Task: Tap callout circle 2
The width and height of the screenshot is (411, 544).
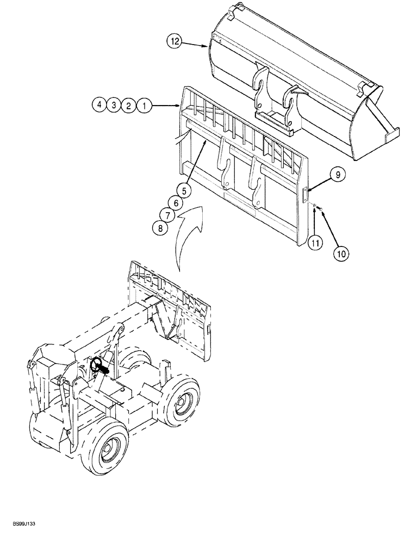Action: pyautogui.click(x=128, y=106)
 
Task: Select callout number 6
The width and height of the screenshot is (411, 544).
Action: pyautogui.click(x=175, y=203)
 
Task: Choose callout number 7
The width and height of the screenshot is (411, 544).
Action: pyautogui.click(x=166, y=215)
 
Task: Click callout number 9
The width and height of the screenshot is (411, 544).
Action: pyautogui.click(x=337, y=175)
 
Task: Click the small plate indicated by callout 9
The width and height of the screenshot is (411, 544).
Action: pyautogui.click(x=306, y=192)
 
